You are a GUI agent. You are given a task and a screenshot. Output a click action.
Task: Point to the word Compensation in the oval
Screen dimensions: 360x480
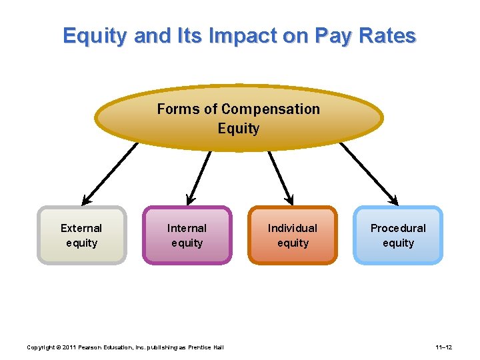click(271, 109)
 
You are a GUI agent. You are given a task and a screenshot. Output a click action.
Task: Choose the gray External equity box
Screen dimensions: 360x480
click(81, 235)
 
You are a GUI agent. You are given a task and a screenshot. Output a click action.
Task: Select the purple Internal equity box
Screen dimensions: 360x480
click(187, 235)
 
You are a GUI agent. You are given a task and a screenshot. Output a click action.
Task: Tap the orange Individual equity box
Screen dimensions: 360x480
click(293, 235)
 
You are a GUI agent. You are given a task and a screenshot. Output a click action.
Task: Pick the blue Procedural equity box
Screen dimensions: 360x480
click(398, 235)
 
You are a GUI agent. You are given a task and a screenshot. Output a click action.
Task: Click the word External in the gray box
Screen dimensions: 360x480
click(81, 228)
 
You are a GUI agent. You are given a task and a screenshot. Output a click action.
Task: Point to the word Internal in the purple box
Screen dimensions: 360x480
click(187, 228)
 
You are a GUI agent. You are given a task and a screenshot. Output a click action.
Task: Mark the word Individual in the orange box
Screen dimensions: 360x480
click(293, 228)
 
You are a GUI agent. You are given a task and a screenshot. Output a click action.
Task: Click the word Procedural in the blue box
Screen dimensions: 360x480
click(398, 228)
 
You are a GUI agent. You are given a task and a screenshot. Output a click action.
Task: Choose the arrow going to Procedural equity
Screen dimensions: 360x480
click(369, 174)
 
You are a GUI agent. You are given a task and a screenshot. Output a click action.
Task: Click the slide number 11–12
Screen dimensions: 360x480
click(444, 347)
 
